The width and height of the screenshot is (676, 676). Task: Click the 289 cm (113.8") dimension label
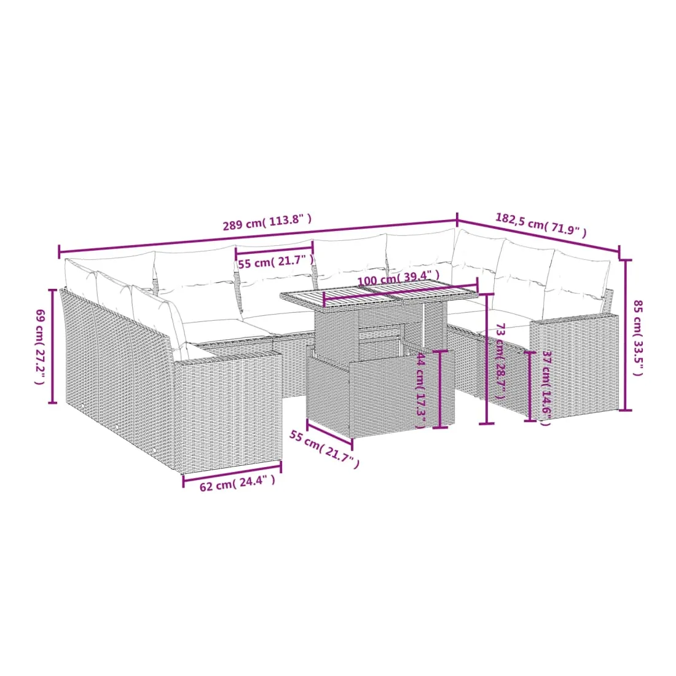point(267,222)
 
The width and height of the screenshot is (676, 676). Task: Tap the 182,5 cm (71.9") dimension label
point(541,225)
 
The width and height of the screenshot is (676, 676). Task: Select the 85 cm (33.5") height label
point(638,338)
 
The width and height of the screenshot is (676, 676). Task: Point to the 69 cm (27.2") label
point(40,347)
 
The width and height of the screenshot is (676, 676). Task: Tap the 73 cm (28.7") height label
point(500,361)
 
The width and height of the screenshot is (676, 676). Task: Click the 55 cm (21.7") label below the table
point(324,449)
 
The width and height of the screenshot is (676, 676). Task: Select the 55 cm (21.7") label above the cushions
point(276,262)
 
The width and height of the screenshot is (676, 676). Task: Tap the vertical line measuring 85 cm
point(625,335)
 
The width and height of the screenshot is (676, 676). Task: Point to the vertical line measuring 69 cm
point(53,346)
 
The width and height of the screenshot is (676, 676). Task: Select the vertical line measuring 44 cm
point(440,389)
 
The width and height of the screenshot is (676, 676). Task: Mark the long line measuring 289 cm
point(258,236)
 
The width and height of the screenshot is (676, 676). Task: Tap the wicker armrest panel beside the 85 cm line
point(573,367)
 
